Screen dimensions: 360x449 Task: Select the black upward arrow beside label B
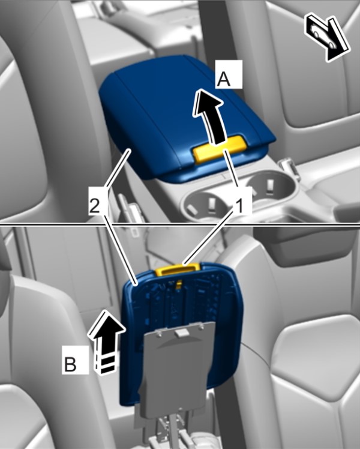[107, 342]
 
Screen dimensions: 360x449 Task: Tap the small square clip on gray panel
[181, 332]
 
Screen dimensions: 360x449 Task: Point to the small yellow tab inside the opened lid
[179, 284]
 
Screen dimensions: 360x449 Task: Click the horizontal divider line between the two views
[180, 224]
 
